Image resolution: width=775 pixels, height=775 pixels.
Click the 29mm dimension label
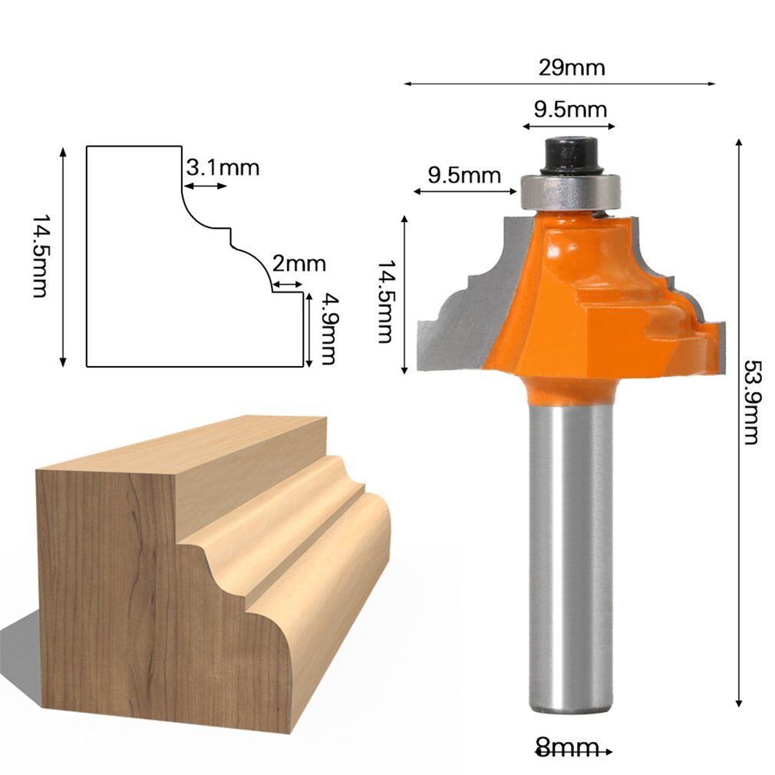click(x=571, y=68)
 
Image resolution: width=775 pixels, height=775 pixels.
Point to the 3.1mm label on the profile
click(x=223, y=167)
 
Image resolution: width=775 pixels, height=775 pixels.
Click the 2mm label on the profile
click(x=298, y=264)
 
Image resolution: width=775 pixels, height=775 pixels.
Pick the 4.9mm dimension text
click(x=328, y=328)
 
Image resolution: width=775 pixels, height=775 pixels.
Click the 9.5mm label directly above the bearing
click(x=570, y=109)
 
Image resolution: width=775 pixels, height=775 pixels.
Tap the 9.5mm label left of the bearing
click(x=463, y=175)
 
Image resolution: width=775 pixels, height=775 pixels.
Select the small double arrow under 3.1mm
click(x=206, y=186)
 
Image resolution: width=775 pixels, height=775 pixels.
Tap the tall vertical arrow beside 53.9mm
click(x=739, y=422)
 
